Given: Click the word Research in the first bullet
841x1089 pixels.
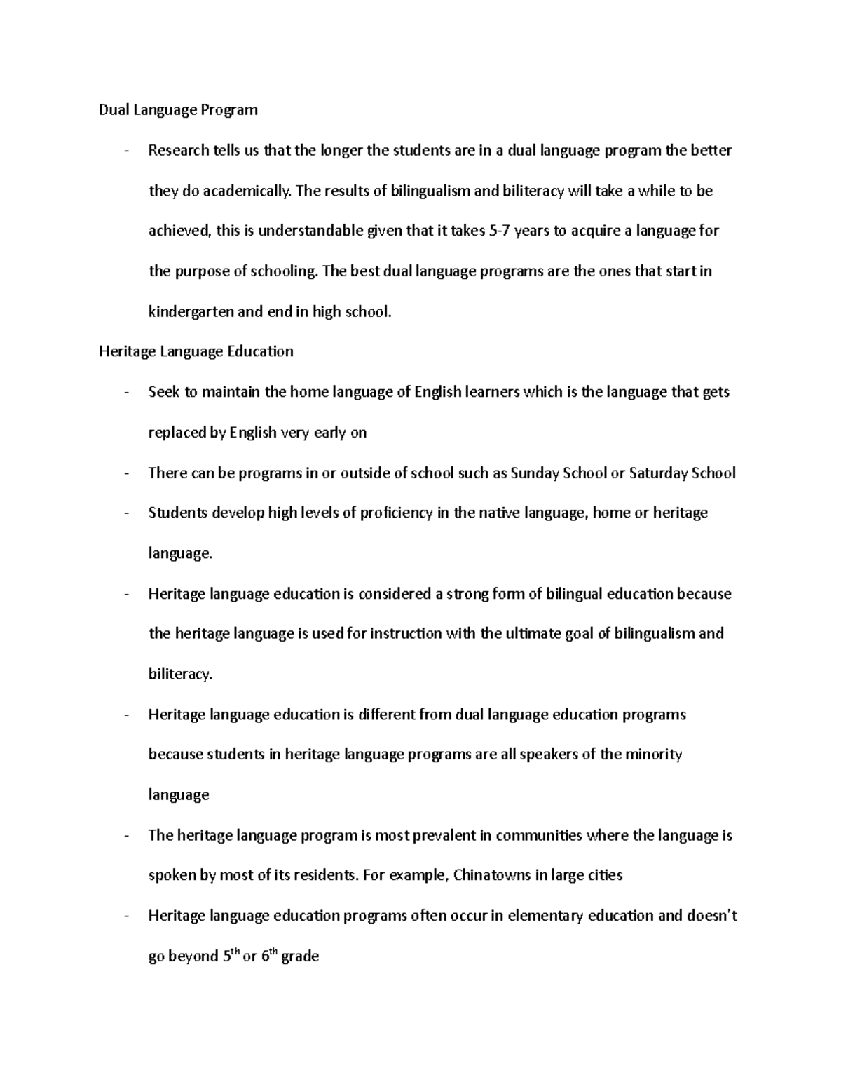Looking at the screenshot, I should pos(179,151).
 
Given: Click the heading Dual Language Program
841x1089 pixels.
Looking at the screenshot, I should pos(178,110).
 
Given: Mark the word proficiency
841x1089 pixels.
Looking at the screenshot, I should pos(396,513).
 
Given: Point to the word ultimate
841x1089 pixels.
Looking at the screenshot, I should pos(532,634).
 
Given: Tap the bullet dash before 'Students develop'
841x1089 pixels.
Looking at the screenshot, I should pos(125,513).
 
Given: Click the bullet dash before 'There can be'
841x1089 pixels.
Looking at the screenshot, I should pos(125,473).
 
